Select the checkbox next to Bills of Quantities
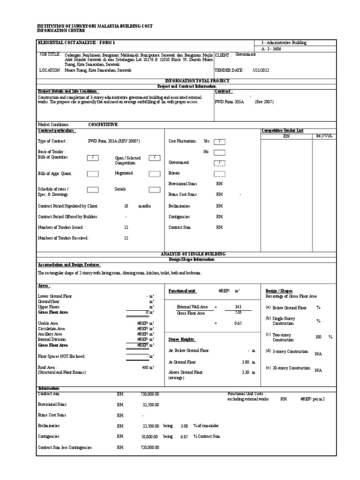click(x=93, y=158)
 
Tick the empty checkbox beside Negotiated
click(x=154, y=173)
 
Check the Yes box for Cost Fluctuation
click(x=219, y=141)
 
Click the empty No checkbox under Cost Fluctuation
click(x=219, y=152)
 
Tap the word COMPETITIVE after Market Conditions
click(x=103, y=125)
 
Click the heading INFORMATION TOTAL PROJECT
click(x=197, y=81)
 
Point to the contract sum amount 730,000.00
click(x=150, y=394)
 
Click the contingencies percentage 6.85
click(x=184, y=436)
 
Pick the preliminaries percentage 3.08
click(x=184, y=426)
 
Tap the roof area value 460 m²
click(x=148, y=367)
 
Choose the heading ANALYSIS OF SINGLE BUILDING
click(x=197, y=254)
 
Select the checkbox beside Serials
click(x=154, y=190)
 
